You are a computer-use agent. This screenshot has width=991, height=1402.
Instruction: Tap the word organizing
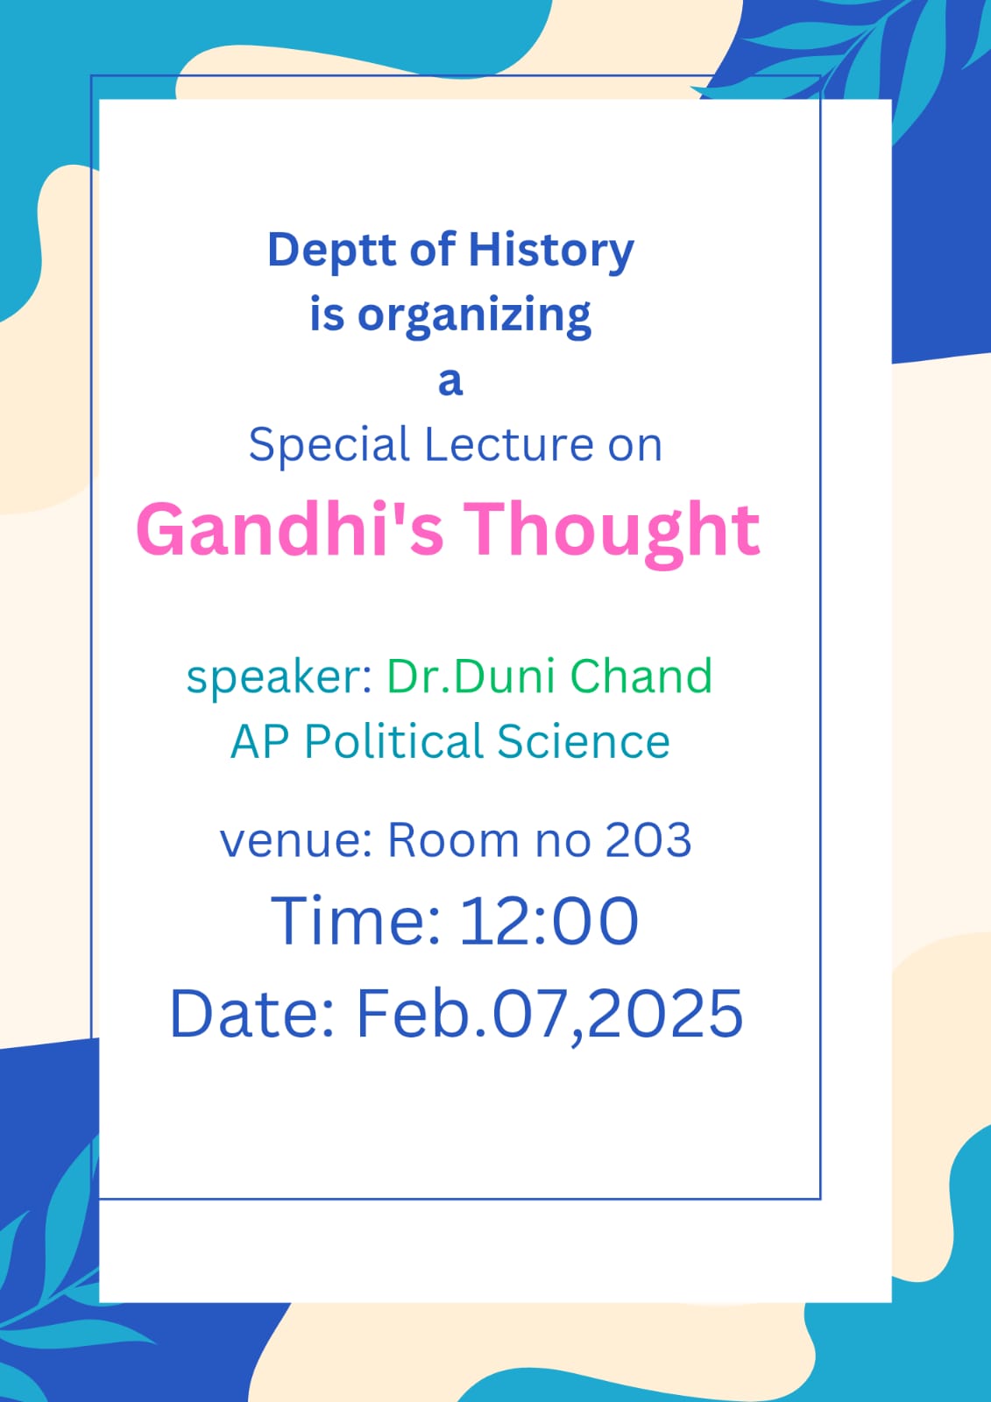click(x=474, y=316)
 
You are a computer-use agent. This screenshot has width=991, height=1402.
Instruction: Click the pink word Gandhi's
click(x=291, y=529)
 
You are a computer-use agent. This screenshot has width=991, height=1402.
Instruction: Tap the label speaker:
click(x=280, y=679)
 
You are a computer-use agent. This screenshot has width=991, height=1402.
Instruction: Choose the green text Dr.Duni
click(x=472, y=676)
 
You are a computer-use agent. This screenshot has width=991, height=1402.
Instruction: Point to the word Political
click(x=393, y=741)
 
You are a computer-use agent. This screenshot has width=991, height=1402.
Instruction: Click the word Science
click(x=584, y=741)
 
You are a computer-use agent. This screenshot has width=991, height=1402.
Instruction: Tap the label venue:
click(x=296, y=842)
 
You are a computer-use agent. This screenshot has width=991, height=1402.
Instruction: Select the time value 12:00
click(x=549, y=921)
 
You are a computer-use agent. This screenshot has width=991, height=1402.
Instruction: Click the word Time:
click(x=356, y=921)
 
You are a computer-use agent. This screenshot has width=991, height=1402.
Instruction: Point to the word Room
click(x=454, y=840)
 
